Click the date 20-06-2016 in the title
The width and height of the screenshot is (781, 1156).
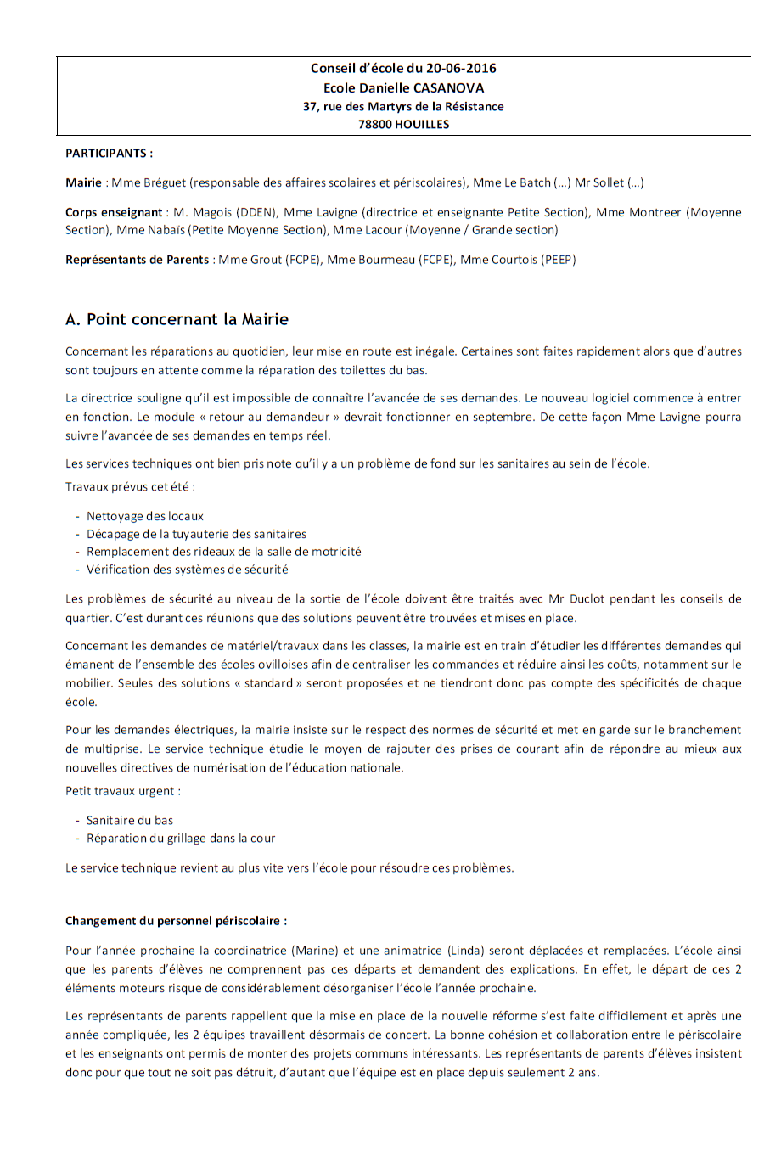coord(461,69)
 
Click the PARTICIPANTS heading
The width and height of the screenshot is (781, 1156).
coord(109,154)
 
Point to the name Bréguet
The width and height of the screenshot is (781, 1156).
coord(165,182)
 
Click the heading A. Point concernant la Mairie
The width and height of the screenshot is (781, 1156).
coord(177,320)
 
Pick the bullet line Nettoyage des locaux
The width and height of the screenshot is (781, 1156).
coord(144,516)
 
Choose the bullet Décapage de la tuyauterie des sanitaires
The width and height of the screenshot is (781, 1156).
coord(196,534)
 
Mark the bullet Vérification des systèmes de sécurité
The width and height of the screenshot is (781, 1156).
coord(187,570)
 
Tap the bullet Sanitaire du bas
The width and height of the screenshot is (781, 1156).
coord(129,821)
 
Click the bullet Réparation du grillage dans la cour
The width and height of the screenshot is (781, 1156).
coord(180,839)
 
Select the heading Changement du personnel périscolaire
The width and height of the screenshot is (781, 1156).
coord(176,921)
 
